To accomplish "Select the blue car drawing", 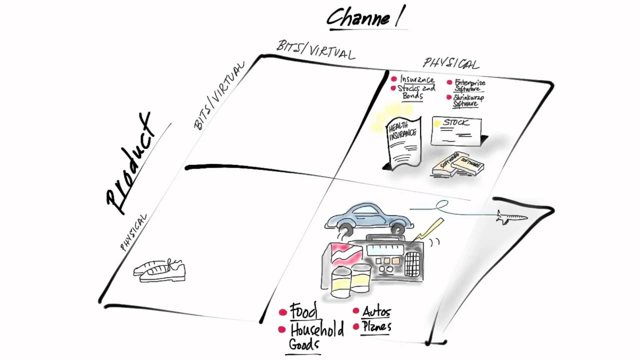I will (x=368, y=217).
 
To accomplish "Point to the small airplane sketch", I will (x=511, y=217).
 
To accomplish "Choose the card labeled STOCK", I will (x=456, y=131).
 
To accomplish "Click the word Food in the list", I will (x=303, y=311).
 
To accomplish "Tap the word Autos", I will (x=376, y=312).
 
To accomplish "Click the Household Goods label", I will (x=315, y=336).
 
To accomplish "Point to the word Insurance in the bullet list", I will (x=417, y=79).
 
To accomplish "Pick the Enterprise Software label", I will (x=469, y=85).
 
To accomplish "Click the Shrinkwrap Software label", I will (x=468, y=100).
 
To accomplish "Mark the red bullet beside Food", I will (x=282, y=312).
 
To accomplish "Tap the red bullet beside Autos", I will (x=356, y=311).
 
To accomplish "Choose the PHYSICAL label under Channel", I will (x=451, y=63).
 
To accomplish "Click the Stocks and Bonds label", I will (x=416, y=92).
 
